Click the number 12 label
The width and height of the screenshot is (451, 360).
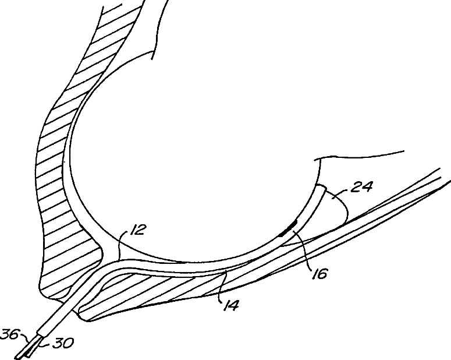pyautogui.click(x=136, y=231)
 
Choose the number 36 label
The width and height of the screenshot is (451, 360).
pyautogui.click(x=10, y=334)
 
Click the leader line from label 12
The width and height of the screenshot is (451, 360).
pyautogui.click(x=121, y=244)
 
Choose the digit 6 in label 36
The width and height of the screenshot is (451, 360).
pyautogui.click(x=14, y=334)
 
